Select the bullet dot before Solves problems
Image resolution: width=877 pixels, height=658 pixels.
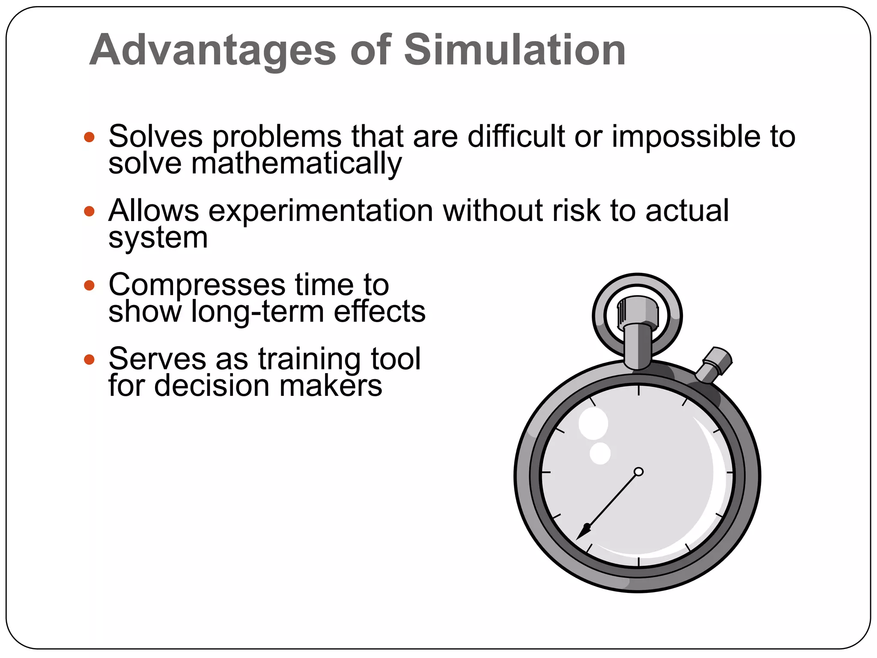click(x=89, y=137)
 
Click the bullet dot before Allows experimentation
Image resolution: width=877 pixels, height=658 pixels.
click(x=89, y=211)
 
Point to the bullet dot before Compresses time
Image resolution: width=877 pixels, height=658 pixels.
click(x=89, y=285)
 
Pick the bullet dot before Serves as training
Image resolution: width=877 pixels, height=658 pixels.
click(x=89, y=359)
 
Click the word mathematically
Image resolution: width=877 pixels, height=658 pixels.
click(x=296, y=164)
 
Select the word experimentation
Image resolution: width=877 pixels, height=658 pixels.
click(x=321, y=211)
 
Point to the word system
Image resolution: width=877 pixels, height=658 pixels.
click(x=158, y=238)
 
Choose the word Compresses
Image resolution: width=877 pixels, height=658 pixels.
click(x=197, y=285)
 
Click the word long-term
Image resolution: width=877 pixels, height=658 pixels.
click(x=257, y=312)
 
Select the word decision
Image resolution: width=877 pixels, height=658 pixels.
click(x=212, y=386)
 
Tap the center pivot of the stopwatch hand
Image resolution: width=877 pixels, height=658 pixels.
click(x=638, y=472)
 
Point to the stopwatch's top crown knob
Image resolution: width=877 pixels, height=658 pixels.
click(x=638, y=313)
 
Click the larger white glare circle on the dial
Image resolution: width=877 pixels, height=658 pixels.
click(x=593, y=423)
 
